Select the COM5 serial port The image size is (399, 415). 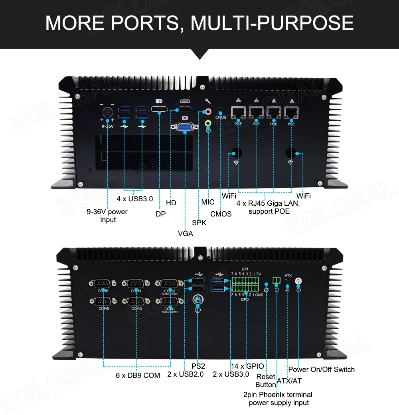click(103, 301)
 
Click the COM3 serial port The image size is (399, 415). click(136, 301)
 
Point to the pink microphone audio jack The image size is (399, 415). click(207, 112)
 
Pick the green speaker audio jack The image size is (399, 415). click(207, 124)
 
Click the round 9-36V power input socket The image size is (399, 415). click(107, 112)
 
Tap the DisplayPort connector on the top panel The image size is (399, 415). click(160, 109)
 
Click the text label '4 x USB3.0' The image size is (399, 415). click(134, 199)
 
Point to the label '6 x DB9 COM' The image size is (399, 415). click(138, 375)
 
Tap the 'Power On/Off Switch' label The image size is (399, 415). click(321, 369)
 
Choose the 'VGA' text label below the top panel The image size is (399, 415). click(185, 234)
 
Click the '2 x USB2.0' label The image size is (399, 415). click(185, 374)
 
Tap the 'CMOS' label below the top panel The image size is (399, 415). click(221, 214)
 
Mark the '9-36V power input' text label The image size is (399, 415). click(108, 216)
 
